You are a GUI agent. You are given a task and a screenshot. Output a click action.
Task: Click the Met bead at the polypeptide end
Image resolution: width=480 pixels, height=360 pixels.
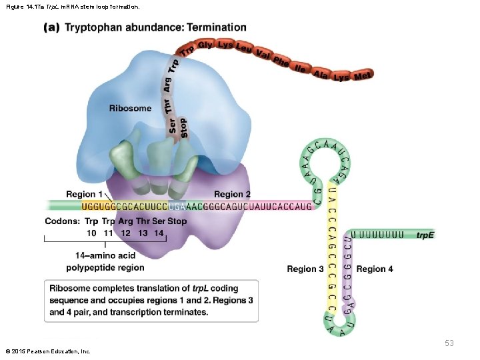(363, 76)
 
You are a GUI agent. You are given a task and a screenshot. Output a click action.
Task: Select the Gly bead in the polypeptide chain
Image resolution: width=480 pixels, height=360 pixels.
(205, 45)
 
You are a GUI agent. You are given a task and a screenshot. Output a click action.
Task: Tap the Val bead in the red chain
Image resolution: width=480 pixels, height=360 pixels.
(263, 55)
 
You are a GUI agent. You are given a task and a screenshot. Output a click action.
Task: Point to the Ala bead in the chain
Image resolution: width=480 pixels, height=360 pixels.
(321, 73)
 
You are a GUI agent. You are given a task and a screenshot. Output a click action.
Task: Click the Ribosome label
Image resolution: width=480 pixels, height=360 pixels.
(130, 108)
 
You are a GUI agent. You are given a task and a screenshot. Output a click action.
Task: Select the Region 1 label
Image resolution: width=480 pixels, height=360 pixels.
(85, 195)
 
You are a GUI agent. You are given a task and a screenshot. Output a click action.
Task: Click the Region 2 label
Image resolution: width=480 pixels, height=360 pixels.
(233, 195)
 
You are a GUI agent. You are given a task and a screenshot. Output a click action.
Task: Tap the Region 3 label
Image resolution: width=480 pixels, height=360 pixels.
(305, 269)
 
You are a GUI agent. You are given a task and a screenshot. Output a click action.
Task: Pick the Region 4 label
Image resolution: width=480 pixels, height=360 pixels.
(375, 269)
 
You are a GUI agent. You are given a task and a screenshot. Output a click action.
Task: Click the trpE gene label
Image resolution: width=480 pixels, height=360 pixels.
(425, 235)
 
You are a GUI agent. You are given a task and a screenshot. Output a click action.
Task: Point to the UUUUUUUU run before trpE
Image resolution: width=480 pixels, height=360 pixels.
(378, 235)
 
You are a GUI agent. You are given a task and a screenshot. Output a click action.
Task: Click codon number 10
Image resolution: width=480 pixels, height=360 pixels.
(92, 233)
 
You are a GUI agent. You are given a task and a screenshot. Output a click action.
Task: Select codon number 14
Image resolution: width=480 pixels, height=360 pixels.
(158, 233)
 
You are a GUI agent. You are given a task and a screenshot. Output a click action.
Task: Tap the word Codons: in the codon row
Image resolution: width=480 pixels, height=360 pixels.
(62, 221)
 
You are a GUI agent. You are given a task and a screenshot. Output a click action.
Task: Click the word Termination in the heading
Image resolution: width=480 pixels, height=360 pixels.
(217, 27)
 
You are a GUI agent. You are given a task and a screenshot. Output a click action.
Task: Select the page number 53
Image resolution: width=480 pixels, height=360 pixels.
(449, 343)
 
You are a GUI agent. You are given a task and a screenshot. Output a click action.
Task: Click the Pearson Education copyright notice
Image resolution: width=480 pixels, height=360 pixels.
(47, 351)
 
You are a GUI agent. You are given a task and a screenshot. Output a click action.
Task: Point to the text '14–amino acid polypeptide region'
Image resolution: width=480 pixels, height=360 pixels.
(105, 261)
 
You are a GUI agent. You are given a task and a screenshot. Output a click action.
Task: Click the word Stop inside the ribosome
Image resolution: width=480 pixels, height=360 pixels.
(183, 129)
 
